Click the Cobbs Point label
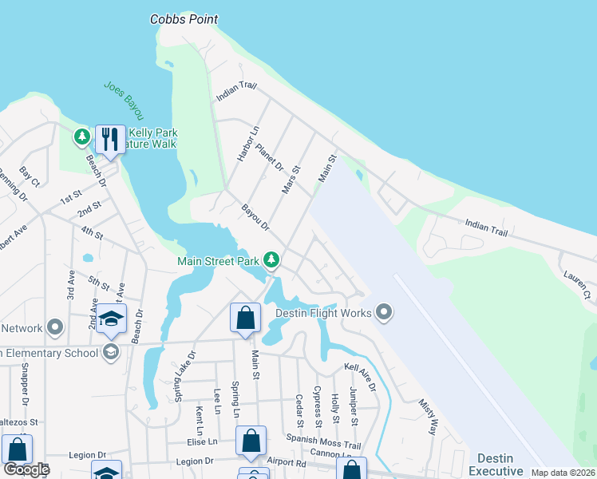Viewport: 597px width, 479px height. tap(184, 19)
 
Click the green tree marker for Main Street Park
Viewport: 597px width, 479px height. tap(272, 259)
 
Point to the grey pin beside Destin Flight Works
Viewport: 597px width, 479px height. tap(384, 312)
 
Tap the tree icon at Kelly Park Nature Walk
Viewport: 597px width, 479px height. tap(81, 137)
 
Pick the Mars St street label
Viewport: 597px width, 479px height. tap(291, 179)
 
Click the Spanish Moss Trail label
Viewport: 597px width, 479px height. tap(323, 439)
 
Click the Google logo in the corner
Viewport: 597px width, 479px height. tap(26, 469)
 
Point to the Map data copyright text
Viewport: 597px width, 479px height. tap(563, 473)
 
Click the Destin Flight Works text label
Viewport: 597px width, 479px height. tap(323, 313)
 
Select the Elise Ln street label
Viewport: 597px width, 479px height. tap(201, 441)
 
